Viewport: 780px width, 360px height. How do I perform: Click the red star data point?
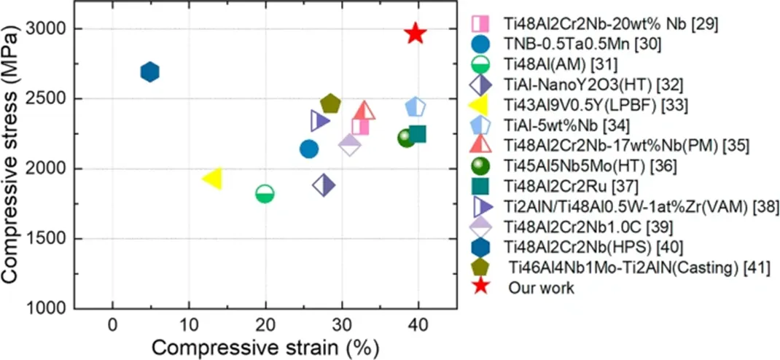[415, 34]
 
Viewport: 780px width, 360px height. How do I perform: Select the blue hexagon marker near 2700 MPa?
[149, 71]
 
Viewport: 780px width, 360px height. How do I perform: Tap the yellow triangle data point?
[212, 177]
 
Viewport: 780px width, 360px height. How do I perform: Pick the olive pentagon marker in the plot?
[330, 104]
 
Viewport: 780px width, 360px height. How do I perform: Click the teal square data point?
[418, 134]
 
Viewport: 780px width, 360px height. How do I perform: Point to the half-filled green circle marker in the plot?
[265, 193]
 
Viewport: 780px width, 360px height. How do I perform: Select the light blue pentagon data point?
[416, 107]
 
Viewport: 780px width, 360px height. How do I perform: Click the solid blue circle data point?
[309, 149]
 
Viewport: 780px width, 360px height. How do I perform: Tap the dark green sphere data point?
[406, 138]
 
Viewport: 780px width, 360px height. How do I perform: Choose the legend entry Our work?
[542, 288]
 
